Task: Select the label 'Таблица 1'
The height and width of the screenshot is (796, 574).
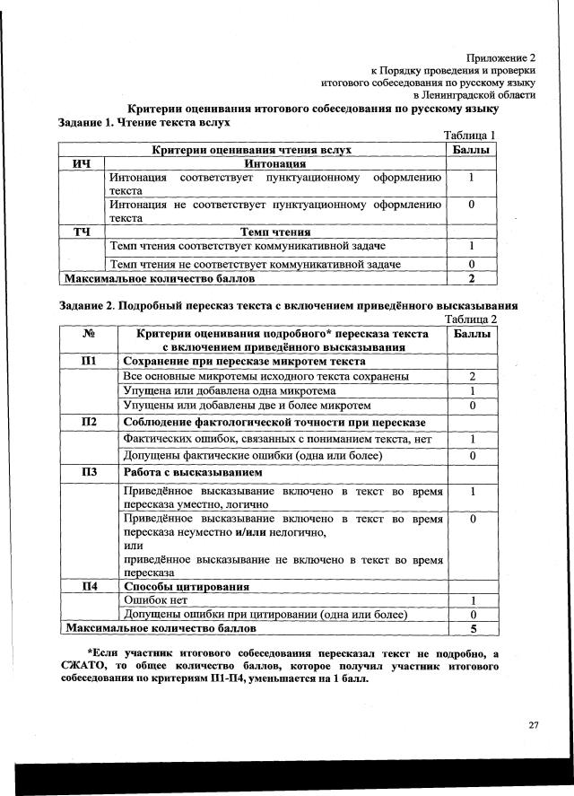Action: tap(470, 135)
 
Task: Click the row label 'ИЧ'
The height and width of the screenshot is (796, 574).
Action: tap(83, 164)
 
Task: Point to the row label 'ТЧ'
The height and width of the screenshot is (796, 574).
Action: tap(83, 232)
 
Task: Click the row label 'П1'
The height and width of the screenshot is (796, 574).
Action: tap(89, 361)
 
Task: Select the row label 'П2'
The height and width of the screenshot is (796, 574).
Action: tap(89, 422)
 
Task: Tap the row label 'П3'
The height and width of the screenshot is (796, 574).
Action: tap(89, 472)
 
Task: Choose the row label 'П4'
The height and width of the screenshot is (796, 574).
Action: tap(89, 586)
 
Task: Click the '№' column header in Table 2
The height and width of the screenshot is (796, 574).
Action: tap(89, 334)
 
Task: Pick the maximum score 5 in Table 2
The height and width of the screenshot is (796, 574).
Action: tap(472, 629)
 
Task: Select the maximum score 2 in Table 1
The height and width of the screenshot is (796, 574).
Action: tap(471, 277)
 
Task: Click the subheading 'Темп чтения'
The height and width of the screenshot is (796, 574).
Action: tap(275, 232)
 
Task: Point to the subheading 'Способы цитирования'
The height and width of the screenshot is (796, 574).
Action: tap(187, 586)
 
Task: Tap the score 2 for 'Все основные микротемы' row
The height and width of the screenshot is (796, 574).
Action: tap(472, 376)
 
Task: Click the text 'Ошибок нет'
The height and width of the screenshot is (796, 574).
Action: tap(154, 600)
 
